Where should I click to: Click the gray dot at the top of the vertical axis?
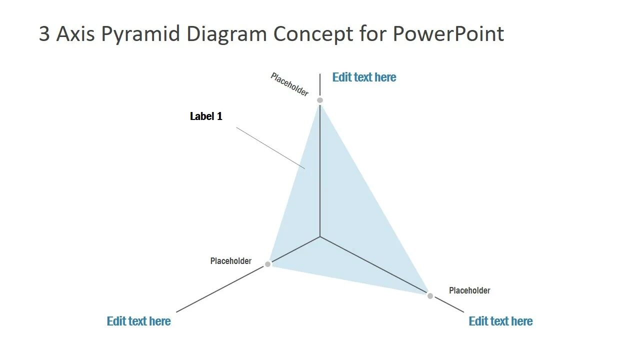320,100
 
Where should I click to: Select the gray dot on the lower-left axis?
267,264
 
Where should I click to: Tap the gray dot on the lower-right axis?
430,296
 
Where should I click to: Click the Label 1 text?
206,116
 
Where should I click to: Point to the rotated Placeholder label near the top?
289,84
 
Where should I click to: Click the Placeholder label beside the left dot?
230,261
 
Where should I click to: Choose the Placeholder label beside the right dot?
469,290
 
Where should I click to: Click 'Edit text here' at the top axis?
364,77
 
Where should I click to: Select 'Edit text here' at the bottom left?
138,321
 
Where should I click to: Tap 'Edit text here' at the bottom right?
500,321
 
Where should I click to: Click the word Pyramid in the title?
141,34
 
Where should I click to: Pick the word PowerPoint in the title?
448,34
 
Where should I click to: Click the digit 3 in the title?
44,34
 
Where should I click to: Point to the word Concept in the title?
313,34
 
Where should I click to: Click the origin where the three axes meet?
320,236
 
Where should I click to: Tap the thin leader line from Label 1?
270,147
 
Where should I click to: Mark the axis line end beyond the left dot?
177,311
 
